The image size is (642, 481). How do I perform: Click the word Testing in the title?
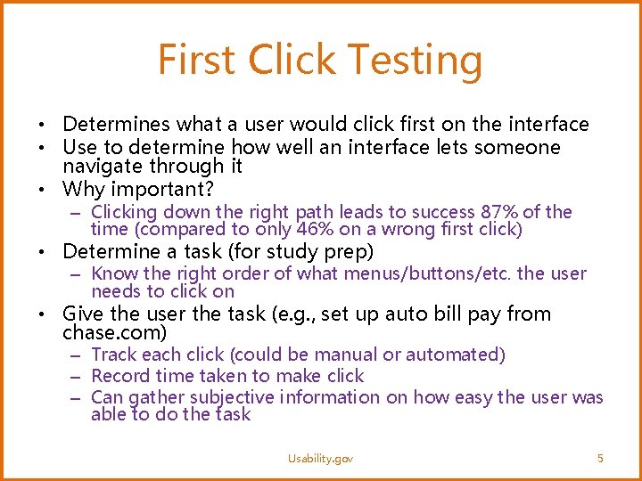coord(416,61)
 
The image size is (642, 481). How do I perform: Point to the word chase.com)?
coord(114,333)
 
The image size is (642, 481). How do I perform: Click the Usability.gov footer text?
coord(320,458)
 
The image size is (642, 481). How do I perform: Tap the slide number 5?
coord(600,458)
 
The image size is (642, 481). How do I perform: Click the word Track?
coord(114,355)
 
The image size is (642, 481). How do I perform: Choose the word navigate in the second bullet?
coord(100,167)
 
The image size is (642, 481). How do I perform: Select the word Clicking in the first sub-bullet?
coord(124,212)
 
